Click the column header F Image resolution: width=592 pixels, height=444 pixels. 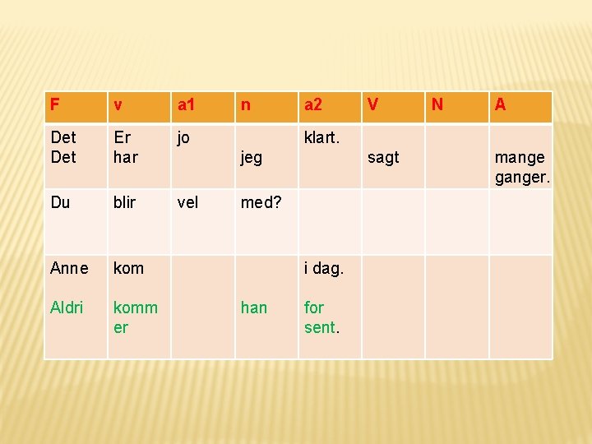click(54, 105)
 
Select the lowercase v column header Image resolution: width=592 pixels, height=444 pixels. click(118, 105)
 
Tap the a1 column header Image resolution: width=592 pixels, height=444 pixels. click(187, 105)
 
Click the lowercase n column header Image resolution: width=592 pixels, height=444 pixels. click(245, 105)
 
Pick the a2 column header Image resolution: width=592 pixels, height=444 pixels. click(313, 105)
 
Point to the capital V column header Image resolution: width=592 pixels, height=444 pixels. click(373, 105)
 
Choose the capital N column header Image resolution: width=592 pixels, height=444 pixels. click(437, 105)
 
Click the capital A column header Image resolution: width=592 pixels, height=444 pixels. click(500, 105)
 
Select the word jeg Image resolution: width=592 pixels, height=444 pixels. click(251, 157)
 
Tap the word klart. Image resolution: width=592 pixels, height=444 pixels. click(321, 137)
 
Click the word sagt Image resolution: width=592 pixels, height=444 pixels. click(383, 157)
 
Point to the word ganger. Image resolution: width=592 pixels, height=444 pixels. click(522, 177)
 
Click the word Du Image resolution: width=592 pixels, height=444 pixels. click(60, 202)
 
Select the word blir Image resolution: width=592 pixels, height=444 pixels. click(124, 202)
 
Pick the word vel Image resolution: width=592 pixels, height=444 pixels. click(187, 202)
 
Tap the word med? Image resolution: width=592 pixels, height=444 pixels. click(260, 202)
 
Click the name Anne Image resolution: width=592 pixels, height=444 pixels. click(69, 268)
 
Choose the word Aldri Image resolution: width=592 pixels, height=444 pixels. click(67, 308)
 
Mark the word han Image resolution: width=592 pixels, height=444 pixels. click(253, 308)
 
